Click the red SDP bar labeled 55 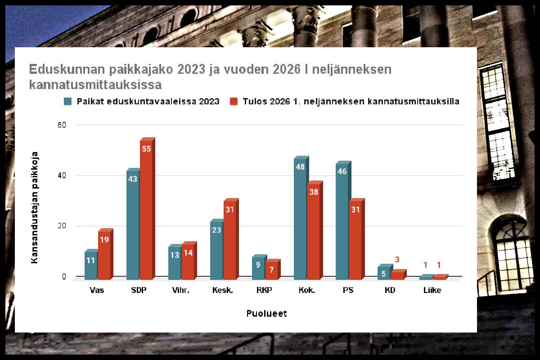click(146, 209)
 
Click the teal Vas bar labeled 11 click(91, 264)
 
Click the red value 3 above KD click(397, 260)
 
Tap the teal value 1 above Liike click(425, 265)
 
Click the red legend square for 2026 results click(234, 101)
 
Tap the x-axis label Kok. click(306, 290)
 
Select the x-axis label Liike click(432, 290)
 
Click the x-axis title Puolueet click(266, 314)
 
